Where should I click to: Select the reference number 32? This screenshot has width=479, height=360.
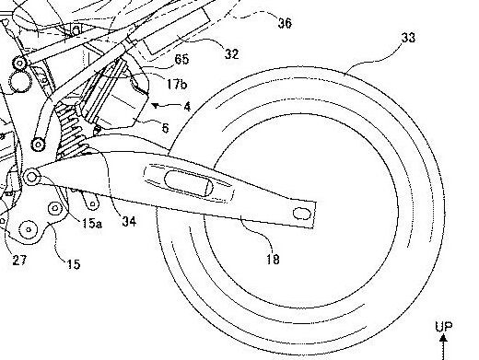point(231,55)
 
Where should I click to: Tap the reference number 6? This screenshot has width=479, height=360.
point(165,127)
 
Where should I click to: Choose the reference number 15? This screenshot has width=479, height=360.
point(73,264)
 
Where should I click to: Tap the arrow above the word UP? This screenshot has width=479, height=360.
point(450,345)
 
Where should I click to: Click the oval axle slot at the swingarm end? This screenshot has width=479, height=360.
point(299,214)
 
